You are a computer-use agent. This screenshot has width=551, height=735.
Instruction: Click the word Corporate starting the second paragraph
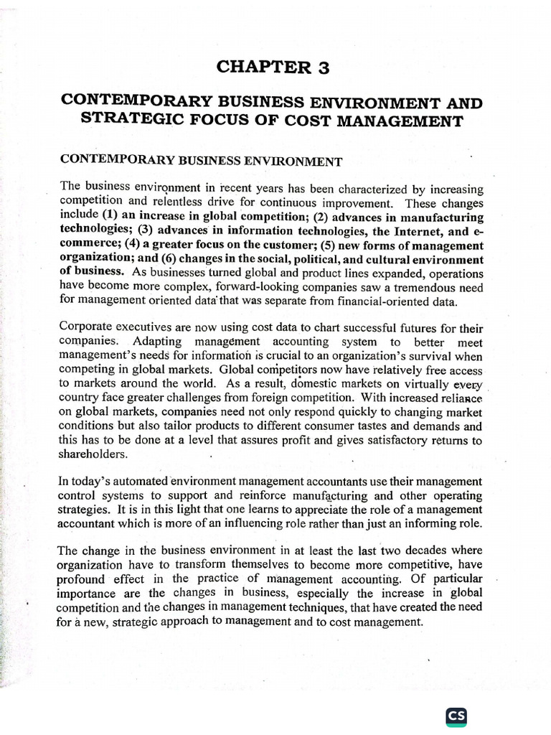coord(85,328)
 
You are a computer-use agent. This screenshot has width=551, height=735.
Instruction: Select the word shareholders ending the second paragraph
coord(94,454)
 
